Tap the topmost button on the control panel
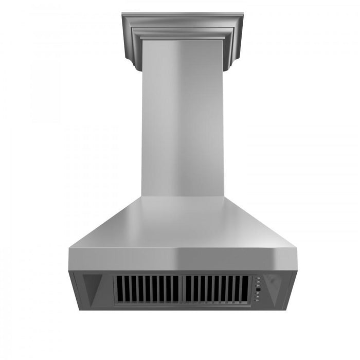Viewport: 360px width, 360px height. click(x=258, y=279)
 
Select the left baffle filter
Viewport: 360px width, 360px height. click(x=147, y=290)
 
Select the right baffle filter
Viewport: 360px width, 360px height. click(x=217, y=290)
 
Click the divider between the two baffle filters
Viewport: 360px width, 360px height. click(x=182, y=290)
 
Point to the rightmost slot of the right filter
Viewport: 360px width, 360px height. click(x=246, y=290)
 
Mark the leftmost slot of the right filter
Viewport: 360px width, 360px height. click(x=187, y=290)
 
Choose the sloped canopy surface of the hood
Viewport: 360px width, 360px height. click(x=182, y=224)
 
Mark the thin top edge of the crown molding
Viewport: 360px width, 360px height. click(x=182, y=14)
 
